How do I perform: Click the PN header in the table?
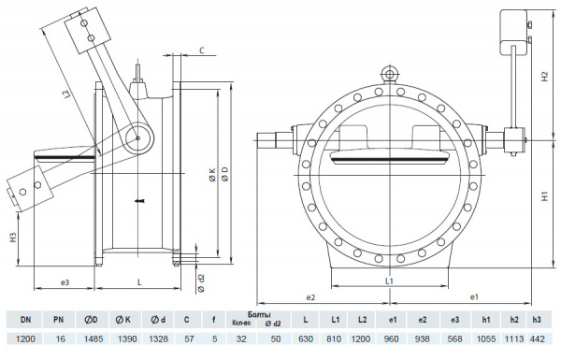[58, 319]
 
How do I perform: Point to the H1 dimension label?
[543, 197]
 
